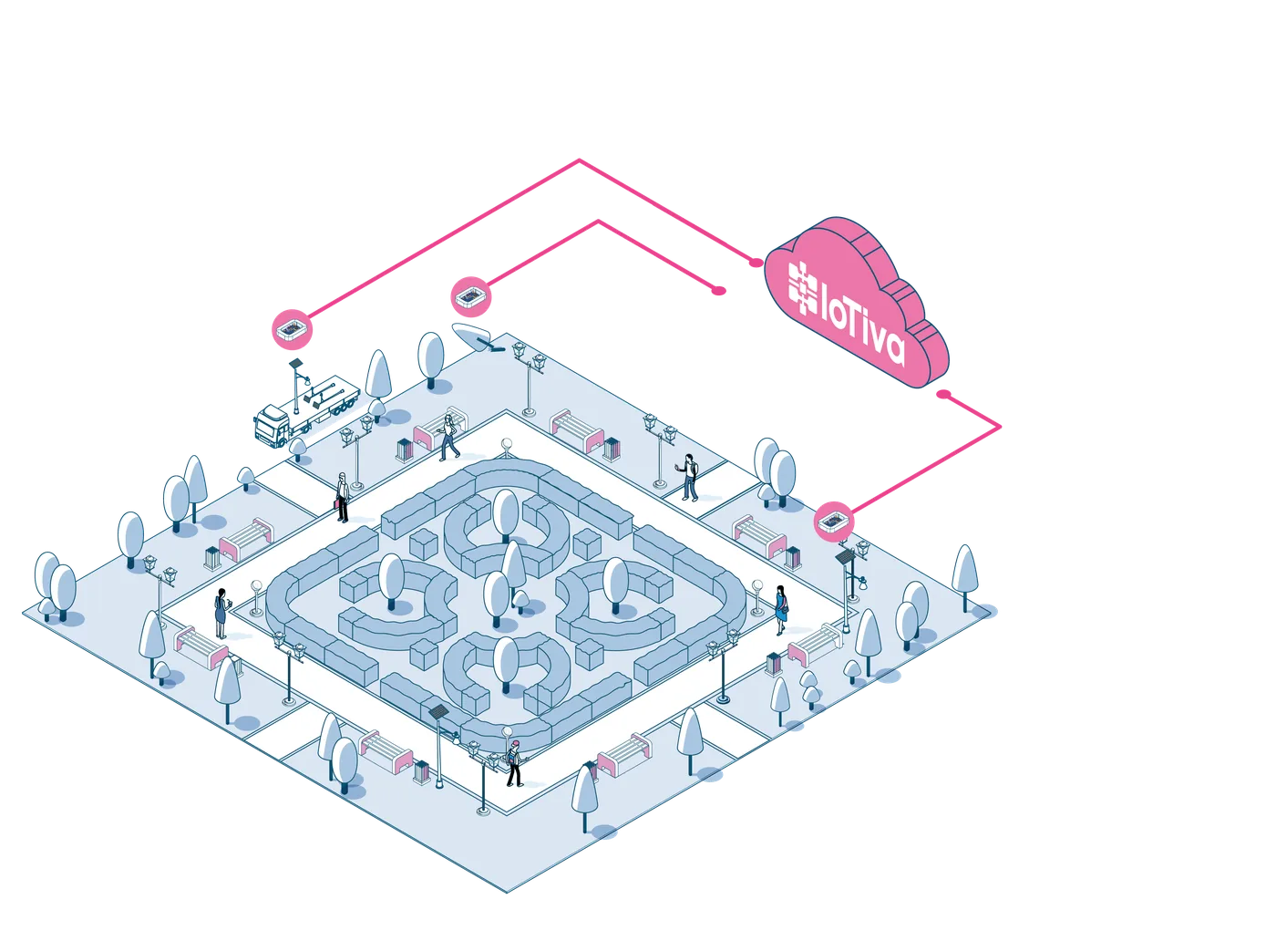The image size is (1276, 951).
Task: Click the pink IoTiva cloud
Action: coord(857,303)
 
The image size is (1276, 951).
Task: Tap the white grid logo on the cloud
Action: coord(803,289)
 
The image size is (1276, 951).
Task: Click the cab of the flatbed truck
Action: coord(273,425)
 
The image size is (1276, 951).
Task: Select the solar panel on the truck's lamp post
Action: coord(295,363)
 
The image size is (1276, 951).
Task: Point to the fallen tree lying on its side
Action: coord(478,337)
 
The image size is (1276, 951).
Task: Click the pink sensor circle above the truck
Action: coord(293,329)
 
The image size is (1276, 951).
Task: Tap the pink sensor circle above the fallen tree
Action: coord(471,297)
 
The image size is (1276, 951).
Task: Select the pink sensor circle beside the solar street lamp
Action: coord(834,522)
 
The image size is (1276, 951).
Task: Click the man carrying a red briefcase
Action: coord(342,497)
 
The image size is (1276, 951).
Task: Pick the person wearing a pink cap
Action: coord(514,763)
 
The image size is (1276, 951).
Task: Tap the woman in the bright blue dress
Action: coord(780,610)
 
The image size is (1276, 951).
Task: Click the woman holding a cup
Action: coord(221,613)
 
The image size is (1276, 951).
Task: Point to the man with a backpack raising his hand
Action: coord(688,477)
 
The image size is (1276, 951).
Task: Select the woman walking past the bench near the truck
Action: coord(448,438)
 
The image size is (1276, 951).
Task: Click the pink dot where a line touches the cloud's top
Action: coord(756,263)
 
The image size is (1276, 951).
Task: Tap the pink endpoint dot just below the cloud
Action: coord(943,394)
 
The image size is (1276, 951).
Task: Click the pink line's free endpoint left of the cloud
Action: coord(718,291)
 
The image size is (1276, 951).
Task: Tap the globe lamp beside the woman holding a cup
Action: coord(256,597)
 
